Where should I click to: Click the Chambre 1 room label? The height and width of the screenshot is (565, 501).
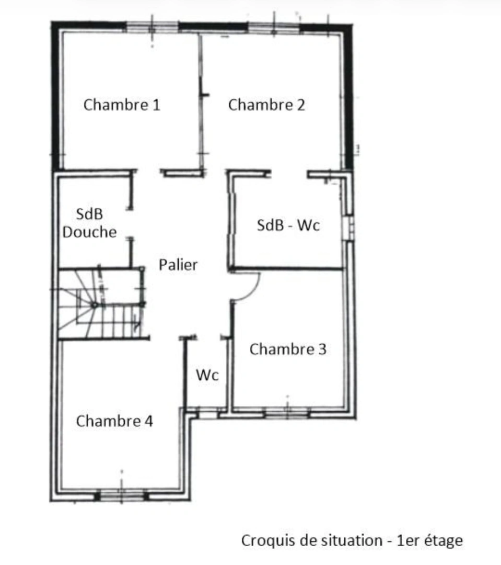pos(122,105)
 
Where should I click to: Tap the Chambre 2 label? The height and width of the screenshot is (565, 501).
pos(266,105)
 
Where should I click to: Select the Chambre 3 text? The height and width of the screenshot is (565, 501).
pos(288,349)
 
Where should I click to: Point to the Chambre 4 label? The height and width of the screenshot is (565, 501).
pos(114,421)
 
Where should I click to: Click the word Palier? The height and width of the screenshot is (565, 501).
pos(178,265)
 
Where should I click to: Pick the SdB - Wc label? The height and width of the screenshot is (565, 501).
pos(288,225)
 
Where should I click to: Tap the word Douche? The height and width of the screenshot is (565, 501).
pos(89,232)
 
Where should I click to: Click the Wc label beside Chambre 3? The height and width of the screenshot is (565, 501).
pos(207,375)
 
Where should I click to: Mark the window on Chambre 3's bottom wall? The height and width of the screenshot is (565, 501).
pos(287,413)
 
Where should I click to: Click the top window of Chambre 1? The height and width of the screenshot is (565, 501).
pos(152,27)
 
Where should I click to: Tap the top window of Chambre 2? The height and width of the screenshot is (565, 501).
pos(273,27)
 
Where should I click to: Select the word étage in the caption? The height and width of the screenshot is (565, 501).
pos(443,540)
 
